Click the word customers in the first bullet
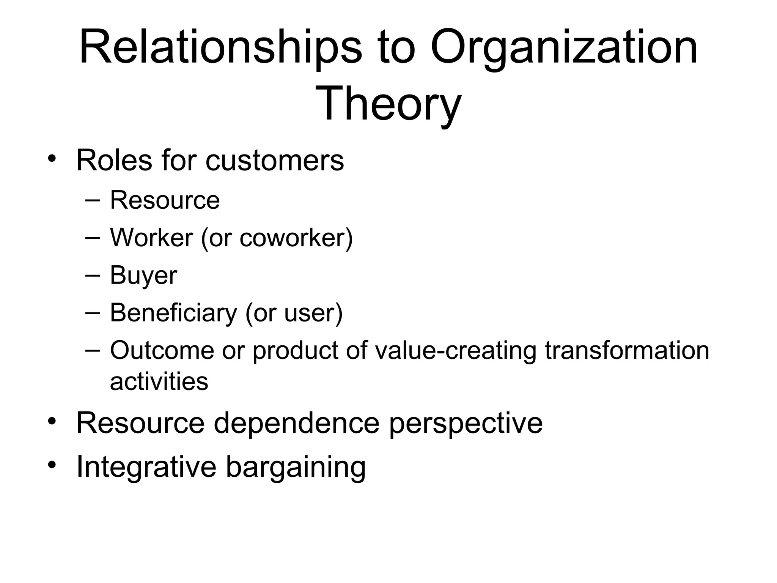coord(275,161)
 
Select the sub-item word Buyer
coord(143,275)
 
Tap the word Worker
coord(151,238)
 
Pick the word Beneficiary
coord(173,313)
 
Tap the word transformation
coord(627,350)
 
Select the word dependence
coord(296,423)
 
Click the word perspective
coord(466,424)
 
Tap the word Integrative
coord(146,466)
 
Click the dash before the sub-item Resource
coord(93,200)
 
